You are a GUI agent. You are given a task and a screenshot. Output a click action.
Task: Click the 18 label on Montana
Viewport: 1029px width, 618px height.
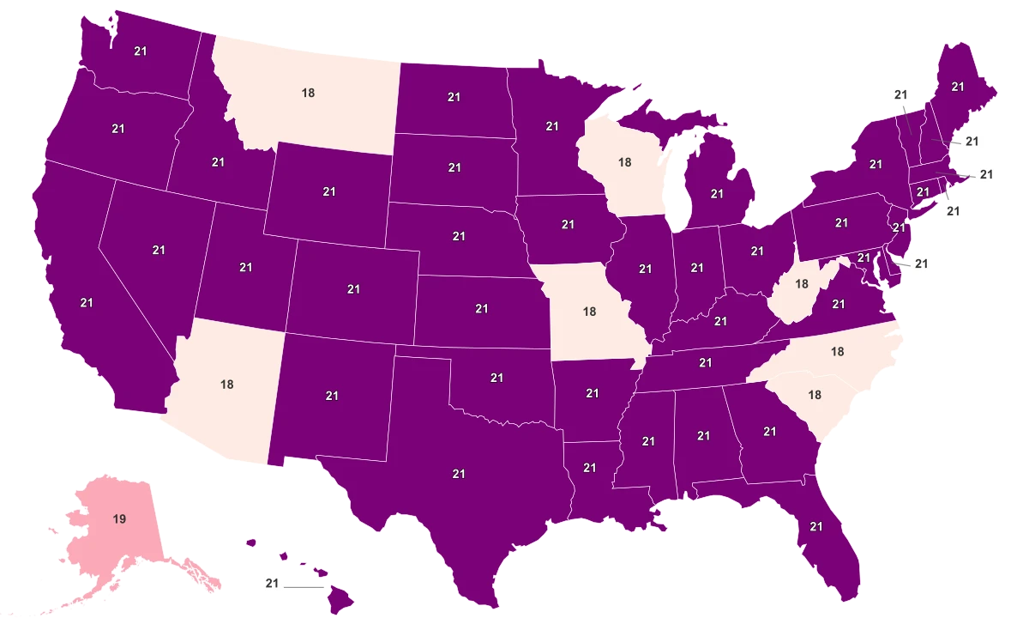(308, 93)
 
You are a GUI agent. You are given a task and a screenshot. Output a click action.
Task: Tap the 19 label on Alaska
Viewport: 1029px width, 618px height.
(119, 518)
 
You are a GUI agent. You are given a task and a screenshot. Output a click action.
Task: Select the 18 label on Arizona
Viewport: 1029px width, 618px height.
(226, 385)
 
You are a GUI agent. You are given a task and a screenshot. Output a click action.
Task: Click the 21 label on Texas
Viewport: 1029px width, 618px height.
(459, 473)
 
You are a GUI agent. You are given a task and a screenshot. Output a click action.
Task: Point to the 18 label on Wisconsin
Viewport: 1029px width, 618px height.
(624, 161)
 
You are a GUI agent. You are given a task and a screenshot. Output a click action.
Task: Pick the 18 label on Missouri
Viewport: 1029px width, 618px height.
(589, 312)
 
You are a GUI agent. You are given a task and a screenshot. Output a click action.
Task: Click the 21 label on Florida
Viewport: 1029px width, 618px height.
(815, 526)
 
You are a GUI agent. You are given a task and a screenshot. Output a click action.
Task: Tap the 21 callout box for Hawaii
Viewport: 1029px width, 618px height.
(273, 585)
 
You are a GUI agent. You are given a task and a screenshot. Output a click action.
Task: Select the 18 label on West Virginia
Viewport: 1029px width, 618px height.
(803, 283)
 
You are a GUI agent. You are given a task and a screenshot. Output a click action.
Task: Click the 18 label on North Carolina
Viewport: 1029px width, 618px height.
(838, 351)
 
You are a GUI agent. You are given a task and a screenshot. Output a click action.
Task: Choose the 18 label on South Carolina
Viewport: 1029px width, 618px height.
(815, 394)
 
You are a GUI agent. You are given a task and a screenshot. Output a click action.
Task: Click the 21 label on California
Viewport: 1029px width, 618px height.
(87, 302)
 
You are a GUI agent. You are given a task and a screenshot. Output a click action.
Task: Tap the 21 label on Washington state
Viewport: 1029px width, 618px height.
(141, 51)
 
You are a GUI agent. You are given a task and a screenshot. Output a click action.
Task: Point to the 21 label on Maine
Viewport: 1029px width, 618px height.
(958, 86)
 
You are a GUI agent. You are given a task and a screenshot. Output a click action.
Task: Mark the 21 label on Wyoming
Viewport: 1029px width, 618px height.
(329, 191)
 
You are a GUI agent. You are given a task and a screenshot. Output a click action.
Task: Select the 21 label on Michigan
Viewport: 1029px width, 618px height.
(718, 195)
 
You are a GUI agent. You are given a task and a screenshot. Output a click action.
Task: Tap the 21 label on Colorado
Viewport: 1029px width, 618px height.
(353, 289)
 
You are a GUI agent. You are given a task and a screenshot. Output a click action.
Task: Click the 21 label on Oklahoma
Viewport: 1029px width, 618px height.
(496, 377)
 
